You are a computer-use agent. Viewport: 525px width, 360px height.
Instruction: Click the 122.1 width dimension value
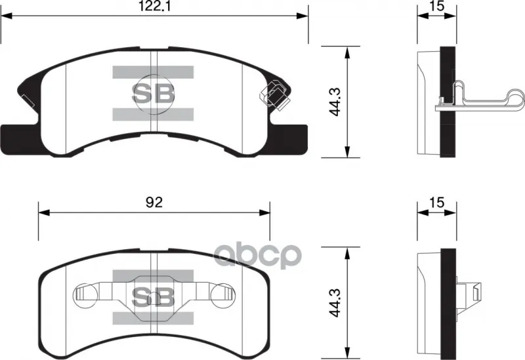coord(155,6)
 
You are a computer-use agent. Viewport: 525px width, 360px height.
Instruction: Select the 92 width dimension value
coord(154,202)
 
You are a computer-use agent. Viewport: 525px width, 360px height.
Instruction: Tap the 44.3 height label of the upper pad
coord(335,102)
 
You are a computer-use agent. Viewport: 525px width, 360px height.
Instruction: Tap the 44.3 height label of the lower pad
coord(335,303)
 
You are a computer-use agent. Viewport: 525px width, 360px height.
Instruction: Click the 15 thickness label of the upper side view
coord(437,6)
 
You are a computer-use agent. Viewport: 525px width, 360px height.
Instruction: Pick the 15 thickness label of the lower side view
coord(437,202)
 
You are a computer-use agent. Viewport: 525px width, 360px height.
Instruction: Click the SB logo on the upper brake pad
coord(153,93)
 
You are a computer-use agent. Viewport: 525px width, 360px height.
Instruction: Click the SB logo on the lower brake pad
coord(153,297)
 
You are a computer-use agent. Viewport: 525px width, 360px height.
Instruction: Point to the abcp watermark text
coord(257,255)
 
